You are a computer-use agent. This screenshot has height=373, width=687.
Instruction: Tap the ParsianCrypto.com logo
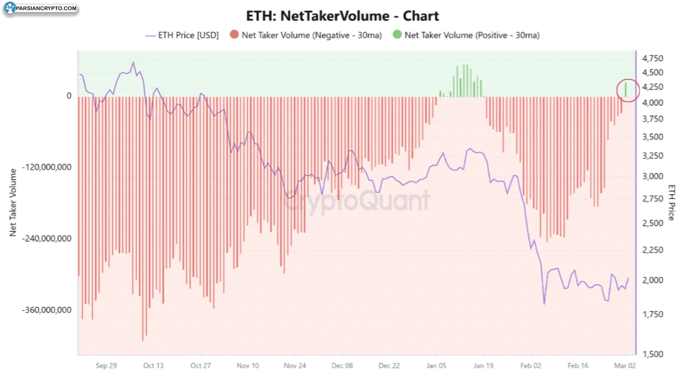click(x=41, y=9)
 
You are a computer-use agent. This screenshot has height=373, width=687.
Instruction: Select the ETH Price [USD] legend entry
click(x=182, y=35)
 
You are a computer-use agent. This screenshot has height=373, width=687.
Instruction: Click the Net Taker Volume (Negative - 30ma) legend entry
click(x=306, y=35)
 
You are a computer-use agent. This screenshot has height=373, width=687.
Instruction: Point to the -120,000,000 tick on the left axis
click(x=48, y=167)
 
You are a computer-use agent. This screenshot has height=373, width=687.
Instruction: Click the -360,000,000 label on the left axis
click(x=48, y=310)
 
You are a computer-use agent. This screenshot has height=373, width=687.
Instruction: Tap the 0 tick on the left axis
click(x=69, y=96)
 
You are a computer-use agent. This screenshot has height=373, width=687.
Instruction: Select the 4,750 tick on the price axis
click(x=652, y=59)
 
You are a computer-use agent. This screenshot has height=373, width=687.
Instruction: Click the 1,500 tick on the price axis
click(x=652, y=354)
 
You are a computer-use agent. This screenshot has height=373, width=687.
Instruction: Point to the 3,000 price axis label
click(x=652, y=176)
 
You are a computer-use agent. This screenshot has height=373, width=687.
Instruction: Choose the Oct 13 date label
click(x=153, y=365)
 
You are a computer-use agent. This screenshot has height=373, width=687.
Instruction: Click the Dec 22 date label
click(x=390, y=365)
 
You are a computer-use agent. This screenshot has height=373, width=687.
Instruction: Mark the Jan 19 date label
click(x=484, y=365)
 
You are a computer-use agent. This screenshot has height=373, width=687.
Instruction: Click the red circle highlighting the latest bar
click(x=628, y=90)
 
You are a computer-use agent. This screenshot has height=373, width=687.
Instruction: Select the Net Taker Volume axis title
click(x=13, y=203)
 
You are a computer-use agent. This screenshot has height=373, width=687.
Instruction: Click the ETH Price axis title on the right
click(x=672, y=203)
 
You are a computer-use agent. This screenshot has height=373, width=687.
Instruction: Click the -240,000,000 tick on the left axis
click(x=48, y=239)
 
